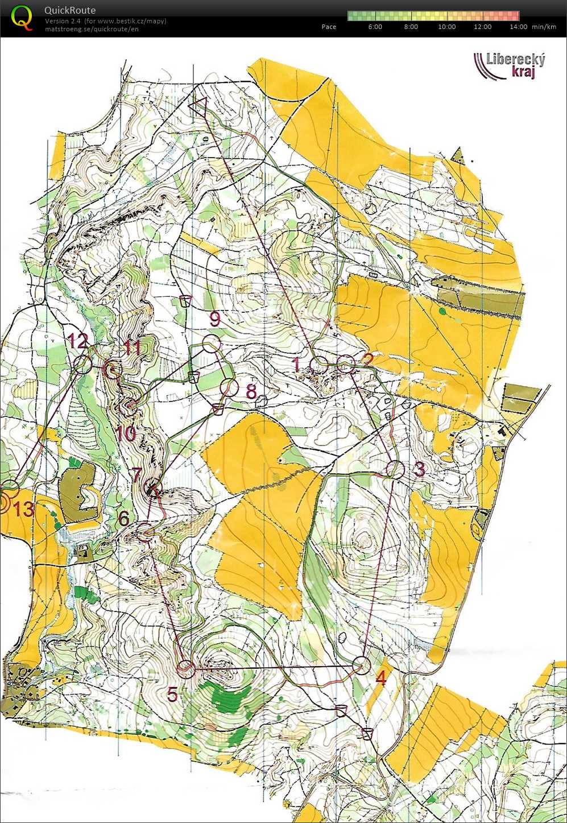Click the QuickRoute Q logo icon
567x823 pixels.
tap(22, 17)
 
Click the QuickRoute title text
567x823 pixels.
tap(70, 10)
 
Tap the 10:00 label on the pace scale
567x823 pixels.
tap(446, 27)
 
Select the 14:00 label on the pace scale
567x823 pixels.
tap(518, 27)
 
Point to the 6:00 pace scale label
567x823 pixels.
tap(375, 27)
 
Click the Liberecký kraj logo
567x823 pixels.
tap(510, 65)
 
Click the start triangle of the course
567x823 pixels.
tap(198, 106)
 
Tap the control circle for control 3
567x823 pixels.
tap(395, 470)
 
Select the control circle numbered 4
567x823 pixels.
tap(362, 665)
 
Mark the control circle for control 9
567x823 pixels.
tap(212, 344)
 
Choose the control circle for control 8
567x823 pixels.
tap(229, 387)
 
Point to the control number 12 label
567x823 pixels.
tap(78, 341)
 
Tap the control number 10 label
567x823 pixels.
tap(126, 433)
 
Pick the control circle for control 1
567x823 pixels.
tap(318, 365)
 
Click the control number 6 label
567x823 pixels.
tap(123, 518)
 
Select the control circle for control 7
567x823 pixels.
tap(154, 488)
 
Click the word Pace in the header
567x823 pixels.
tap(329, 27)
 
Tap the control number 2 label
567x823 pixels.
tap(368, 359)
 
